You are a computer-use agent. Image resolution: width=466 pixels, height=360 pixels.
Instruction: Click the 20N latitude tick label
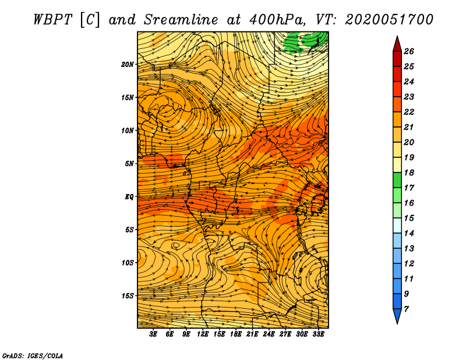[128, 65]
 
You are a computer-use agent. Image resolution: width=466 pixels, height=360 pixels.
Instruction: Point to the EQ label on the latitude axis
[129, 197]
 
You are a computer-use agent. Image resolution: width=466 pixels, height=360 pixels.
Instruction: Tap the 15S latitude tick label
[128, 296]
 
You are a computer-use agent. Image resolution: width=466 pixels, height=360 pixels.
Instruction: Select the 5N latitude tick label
[129, 164]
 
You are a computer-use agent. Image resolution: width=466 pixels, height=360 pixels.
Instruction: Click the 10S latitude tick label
[128, 263]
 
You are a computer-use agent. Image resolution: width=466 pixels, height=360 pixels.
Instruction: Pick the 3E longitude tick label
[153, 334]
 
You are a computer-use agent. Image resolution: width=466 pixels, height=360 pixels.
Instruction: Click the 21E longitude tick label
[252, 334]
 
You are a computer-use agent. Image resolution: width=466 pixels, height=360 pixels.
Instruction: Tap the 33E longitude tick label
[318, 334]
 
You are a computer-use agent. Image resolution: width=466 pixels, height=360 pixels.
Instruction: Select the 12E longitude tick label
[202, 334]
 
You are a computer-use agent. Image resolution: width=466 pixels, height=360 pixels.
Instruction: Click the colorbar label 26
[409, 51]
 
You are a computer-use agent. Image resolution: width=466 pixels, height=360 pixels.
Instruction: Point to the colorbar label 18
[409, 172]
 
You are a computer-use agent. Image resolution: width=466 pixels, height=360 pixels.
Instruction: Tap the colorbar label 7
[406, 309]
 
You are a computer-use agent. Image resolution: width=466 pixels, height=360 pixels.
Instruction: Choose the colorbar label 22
[409, 112]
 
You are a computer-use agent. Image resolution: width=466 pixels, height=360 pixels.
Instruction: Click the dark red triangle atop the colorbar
[397, 45]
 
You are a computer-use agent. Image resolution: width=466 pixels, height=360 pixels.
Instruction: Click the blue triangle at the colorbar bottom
[397, 316]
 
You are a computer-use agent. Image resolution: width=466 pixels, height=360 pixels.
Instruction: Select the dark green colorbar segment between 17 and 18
[397, 180]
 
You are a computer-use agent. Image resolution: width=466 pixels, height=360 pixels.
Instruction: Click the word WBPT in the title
[52, 20]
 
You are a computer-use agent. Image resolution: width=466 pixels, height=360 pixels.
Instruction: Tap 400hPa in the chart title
[277, 20]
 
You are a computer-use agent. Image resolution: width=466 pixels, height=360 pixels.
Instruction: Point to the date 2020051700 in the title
[389, 20]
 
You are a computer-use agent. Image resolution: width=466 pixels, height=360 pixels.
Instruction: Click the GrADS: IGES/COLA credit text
[33, 356]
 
